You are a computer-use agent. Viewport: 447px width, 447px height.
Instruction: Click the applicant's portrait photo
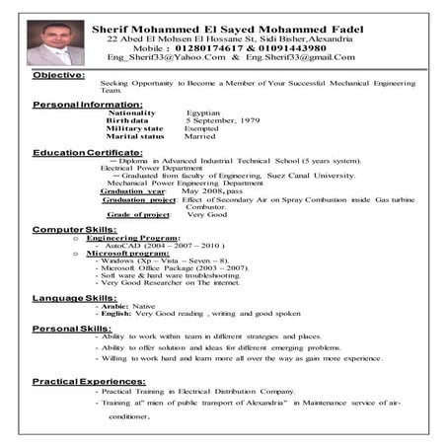click(55, 41)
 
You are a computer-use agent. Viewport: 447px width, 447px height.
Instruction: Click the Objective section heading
click(58, 75)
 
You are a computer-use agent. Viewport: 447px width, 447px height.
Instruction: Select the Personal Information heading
click(87, 104)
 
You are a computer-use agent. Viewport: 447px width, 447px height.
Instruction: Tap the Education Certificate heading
click(87, 153)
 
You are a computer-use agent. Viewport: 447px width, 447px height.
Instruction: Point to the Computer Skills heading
click(75, 229)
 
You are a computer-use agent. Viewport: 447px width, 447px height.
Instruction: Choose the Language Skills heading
click(74, 297)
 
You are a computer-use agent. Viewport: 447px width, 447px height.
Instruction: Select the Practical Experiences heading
click(89, 381)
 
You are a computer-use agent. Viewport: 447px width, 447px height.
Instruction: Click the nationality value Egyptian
click(207, 113)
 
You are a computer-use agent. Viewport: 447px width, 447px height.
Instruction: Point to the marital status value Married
click(201, 137)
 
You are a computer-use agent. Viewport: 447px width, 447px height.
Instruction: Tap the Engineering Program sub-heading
click(133, 238)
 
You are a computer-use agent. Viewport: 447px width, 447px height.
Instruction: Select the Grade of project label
click(138, 214)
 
